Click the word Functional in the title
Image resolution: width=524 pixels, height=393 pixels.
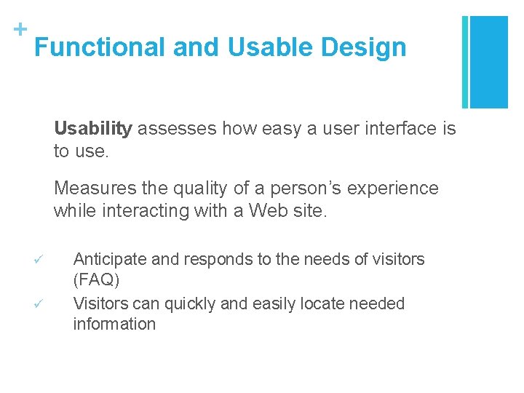click(x=100, y=47)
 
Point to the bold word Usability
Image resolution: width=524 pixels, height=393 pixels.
click(x=92, y=130)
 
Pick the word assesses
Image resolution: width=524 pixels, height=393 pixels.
click(x=177, y=130)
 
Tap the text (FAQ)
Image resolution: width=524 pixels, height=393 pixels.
click(x=96, y=280)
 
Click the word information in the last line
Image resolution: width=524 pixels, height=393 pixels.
click(x=114, y=325)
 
